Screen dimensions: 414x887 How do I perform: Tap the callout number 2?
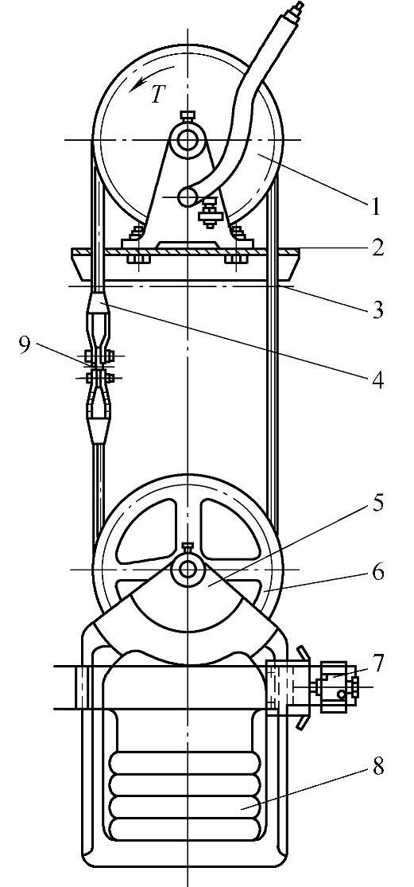coord(377,247)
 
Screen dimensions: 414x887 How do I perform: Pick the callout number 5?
coord(377,503)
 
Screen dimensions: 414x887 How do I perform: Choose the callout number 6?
coord(377,572)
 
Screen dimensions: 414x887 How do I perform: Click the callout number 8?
coord(377,767)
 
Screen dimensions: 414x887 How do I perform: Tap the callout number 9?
coord(25,345)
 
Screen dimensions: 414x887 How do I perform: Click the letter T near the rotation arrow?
coord(157,95)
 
